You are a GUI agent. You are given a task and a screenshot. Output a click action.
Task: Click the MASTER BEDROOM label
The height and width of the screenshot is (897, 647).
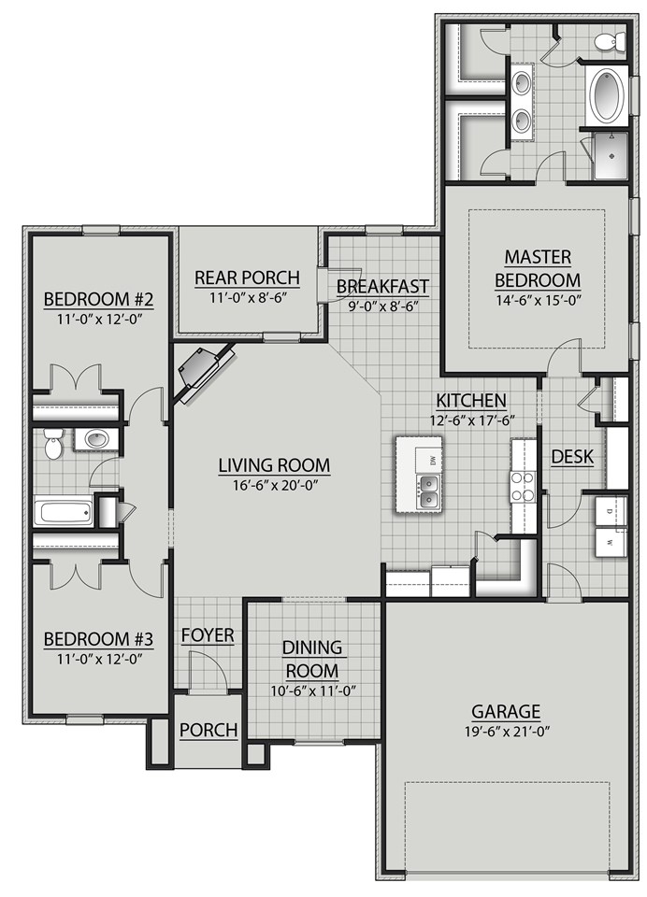(x=537, y=268)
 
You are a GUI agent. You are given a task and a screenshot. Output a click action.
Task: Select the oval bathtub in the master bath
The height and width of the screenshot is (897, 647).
(x=607, y=95)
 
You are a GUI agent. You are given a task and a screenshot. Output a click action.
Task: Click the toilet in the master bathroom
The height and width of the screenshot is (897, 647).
(x=610, y=41)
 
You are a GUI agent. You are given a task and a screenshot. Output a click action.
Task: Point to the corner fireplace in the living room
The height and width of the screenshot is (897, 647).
(x=203, y=372)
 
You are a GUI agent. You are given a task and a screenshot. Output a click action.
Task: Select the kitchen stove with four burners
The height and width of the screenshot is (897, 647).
(x=523, y=486)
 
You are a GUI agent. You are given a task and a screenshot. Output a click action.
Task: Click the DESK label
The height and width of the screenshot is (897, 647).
(x=571, y=456)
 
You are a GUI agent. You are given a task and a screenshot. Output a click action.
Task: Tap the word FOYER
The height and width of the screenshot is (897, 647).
(x=208, y=635)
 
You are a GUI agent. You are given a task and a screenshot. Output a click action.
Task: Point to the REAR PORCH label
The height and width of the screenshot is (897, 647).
(x=247, y=278)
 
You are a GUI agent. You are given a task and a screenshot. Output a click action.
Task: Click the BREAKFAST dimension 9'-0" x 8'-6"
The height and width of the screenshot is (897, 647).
(x=382, y=306)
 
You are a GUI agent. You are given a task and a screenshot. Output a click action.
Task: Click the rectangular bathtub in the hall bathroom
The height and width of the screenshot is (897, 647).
(x=63, y=512)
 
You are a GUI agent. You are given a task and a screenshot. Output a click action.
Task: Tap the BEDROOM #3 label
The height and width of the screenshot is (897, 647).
(x=98, y=638)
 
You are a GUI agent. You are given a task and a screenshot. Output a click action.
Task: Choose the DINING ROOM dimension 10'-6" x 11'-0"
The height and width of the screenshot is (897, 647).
(x=313, y=691)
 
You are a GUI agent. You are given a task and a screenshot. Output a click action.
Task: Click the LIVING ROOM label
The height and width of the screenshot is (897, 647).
(x=274, y=465)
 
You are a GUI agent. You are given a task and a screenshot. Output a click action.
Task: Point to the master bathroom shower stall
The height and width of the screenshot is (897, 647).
(x=611, y=155)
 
